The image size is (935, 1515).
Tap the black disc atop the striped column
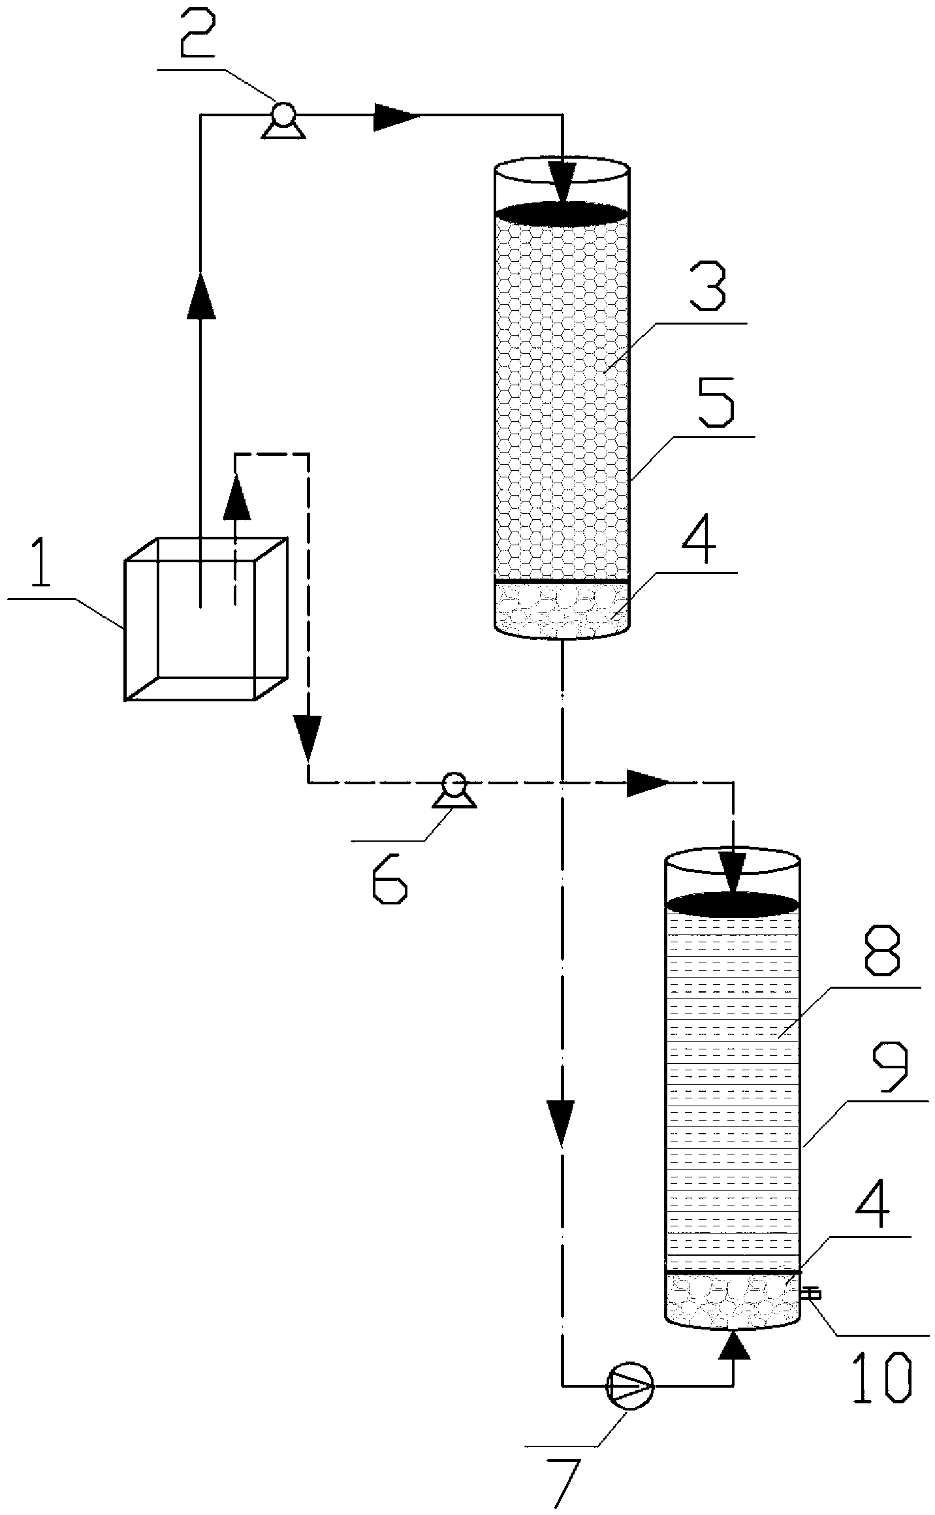coord(732,904)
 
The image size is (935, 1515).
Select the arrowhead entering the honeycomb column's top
coord(562,182)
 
